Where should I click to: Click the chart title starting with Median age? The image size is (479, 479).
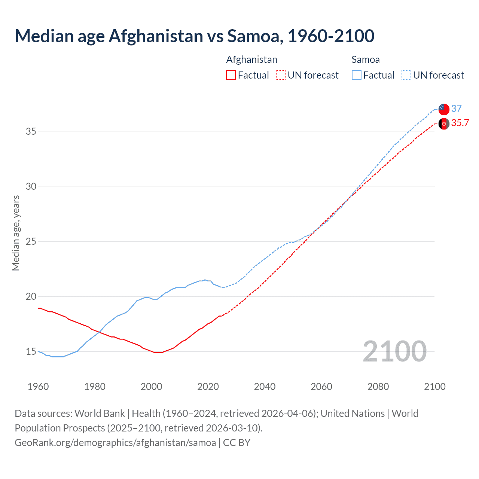pos(194,36)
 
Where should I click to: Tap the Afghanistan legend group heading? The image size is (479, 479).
pos(251,60)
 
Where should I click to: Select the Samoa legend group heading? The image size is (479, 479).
pos(365,60)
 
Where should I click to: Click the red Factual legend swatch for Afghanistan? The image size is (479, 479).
pos(231,75)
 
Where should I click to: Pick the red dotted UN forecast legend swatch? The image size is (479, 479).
pos(281,75)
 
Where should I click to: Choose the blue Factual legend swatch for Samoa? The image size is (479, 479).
pos(356,75)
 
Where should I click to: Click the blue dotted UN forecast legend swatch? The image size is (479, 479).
pos(406,75)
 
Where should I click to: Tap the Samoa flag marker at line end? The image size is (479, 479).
pos(444,109)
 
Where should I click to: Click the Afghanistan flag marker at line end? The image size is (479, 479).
pos(444,124)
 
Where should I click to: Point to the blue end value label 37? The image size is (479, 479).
pos(456,109)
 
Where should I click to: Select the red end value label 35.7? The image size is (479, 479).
pos(460,123)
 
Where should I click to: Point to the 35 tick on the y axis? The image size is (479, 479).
pos(31,132)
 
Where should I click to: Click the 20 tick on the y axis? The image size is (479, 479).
pos(31,296)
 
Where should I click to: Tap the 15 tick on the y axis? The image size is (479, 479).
pos(31,351)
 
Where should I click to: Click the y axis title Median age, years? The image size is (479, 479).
pos(16,233)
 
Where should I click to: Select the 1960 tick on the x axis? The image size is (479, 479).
pos(38,387)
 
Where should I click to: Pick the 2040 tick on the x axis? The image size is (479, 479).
pos(265,387)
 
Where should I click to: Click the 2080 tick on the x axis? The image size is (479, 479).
pos(378,387)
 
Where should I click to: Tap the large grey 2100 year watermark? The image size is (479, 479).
pos(394,351)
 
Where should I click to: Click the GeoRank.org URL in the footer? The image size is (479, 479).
pos(115,443)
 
